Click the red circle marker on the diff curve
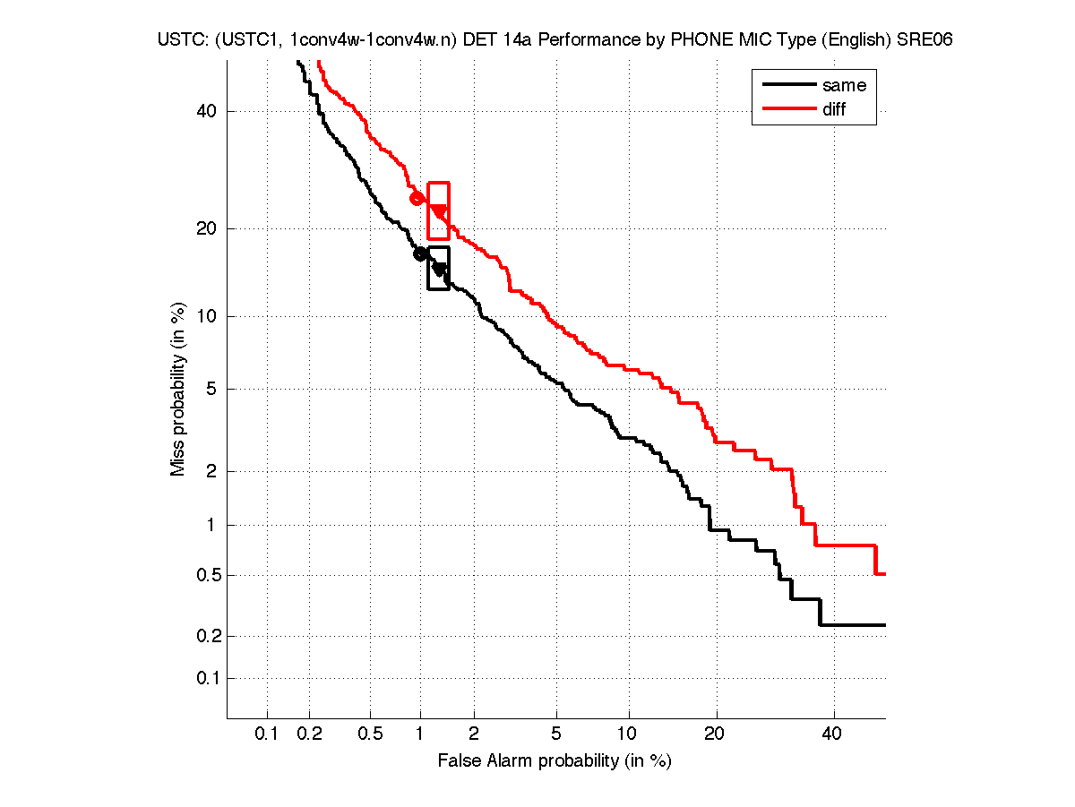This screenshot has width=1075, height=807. pos(417,198)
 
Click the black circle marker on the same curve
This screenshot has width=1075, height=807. pos(420,254)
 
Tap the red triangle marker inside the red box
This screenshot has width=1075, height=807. pos(439,211)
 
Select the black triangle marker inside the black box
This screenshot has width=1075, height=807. pos(439,268)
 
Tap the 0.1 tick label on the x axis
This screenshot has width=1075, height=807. pos(267,734)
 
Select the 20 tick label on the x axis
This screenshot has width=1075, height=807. pos(713,734)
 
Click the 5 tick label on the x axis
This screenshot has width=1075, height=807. pos(556,734)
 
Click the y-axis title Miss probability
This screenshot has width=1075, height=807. pos(178,389)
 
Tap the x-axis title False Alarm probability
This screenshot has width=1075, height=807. pos(555,761)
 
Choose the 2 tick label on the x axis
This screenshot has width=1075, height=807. pos(474,734)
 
